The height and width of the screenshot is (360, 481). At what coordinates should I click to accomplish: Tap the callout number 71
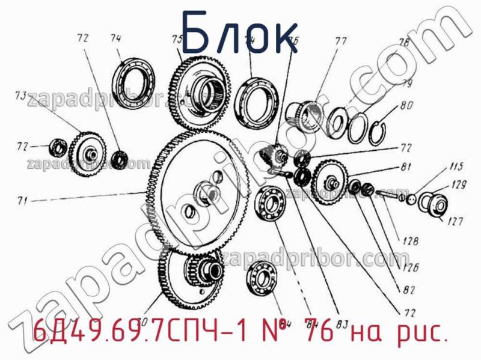pyautogui.click(x=22, y=201)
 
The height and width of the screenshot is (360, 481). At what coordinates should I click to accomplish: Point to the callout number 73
pyautogui.click(x=20, y=96)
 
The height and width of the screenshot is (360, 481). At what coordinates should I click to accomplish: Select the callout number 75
pyautogui.click(x=177, y=40)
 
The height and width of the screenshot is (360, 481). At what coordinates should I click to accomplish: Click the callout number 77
pyautogui.click(x=341, y=41)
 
